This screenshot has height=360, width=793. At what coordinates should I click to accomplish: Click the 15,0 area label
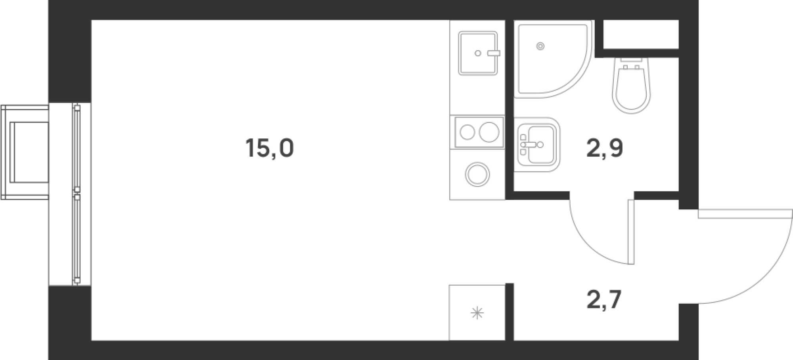click(270, 149)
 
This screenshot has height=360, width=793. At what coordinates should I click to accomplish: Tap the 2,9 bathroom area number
click(605, 149)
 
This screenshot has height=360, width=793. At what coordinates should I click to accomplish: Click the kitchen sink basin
click(477, 53)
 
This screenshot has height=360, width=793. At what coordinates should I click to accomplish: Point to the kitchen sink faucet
click(494, 53)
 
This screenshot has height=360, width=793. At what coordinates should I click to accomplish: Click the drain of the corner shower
click(540, 46)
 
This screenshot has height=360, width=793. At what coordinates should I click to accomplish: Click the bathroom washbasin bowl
click(541, 144)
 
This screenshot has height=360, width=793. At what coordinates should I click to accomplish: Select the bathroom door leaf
click(631, 232)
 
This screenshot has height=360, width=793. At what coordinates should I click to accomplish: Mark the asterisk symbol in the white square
click(477, 314)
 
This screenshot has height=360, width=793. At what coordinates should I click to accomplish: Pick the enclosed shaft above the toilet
click(640, 34)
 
